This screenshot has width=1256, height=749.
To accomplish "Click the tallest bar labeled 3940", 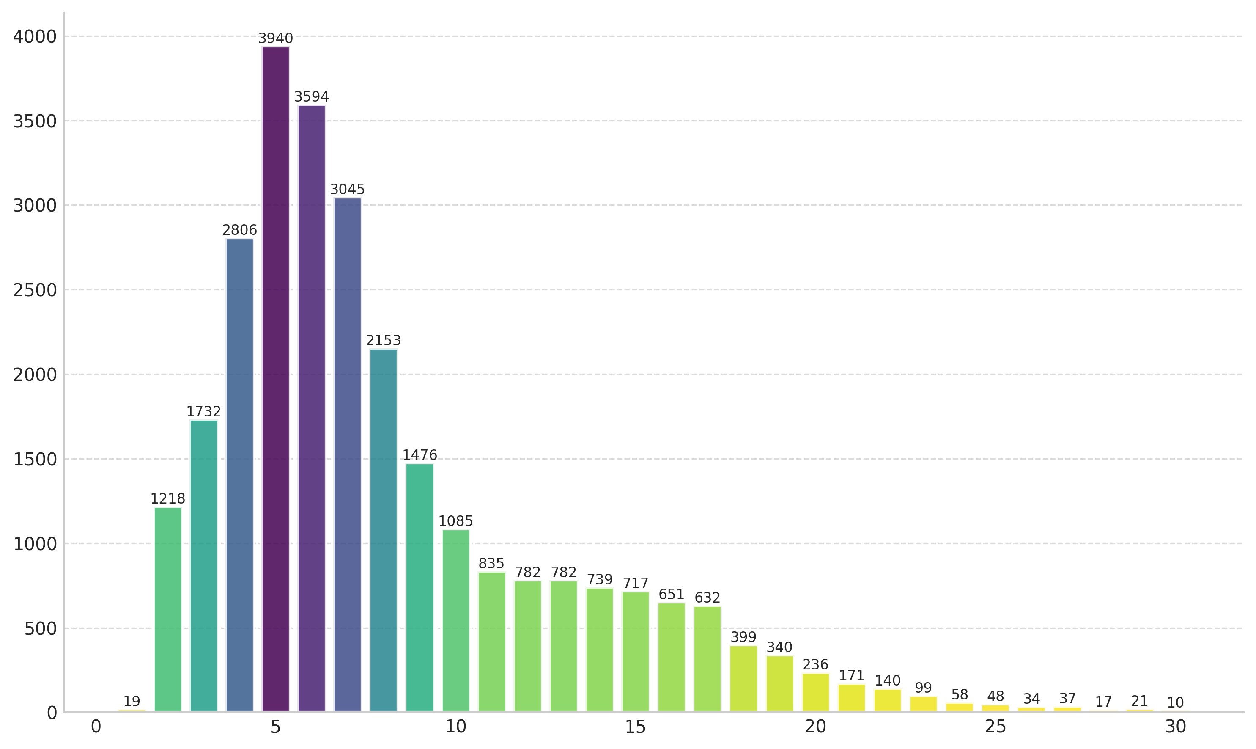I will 275,379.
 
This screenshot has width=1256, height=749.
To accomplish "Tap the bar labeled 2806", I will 240,474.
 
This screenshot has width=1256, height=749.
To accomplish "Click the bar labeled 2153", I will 384,530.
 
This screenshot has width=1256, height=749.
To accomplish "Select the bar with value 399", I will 743,678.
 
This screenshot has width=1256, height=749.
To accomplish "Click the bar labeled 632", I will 707,659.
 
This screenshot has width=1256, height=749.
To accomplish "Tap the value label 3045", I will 347,189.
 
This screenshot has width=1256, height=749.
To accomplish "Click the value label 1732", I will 203,411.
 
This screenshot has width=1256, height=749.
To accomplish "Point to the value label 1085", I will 455,521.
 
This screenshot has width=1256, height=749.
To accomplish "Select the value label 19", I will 132,701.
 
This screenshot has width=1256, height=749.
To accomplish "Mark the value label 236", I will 815,664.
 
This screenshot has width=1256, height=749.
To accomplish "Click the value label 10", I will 1175,702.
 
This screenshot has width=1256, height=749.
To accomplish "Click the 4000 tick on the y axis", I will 34,37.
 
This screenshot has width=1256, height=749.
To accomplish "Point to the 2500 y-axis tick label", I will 34,290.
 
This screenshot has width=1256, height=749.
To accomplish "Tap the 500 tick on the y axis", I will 40,629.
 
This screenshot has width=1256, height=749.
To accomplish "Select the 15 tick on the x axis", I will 635,727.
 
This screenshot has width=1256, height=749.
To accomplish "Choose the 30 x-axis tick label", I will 1175,727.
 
